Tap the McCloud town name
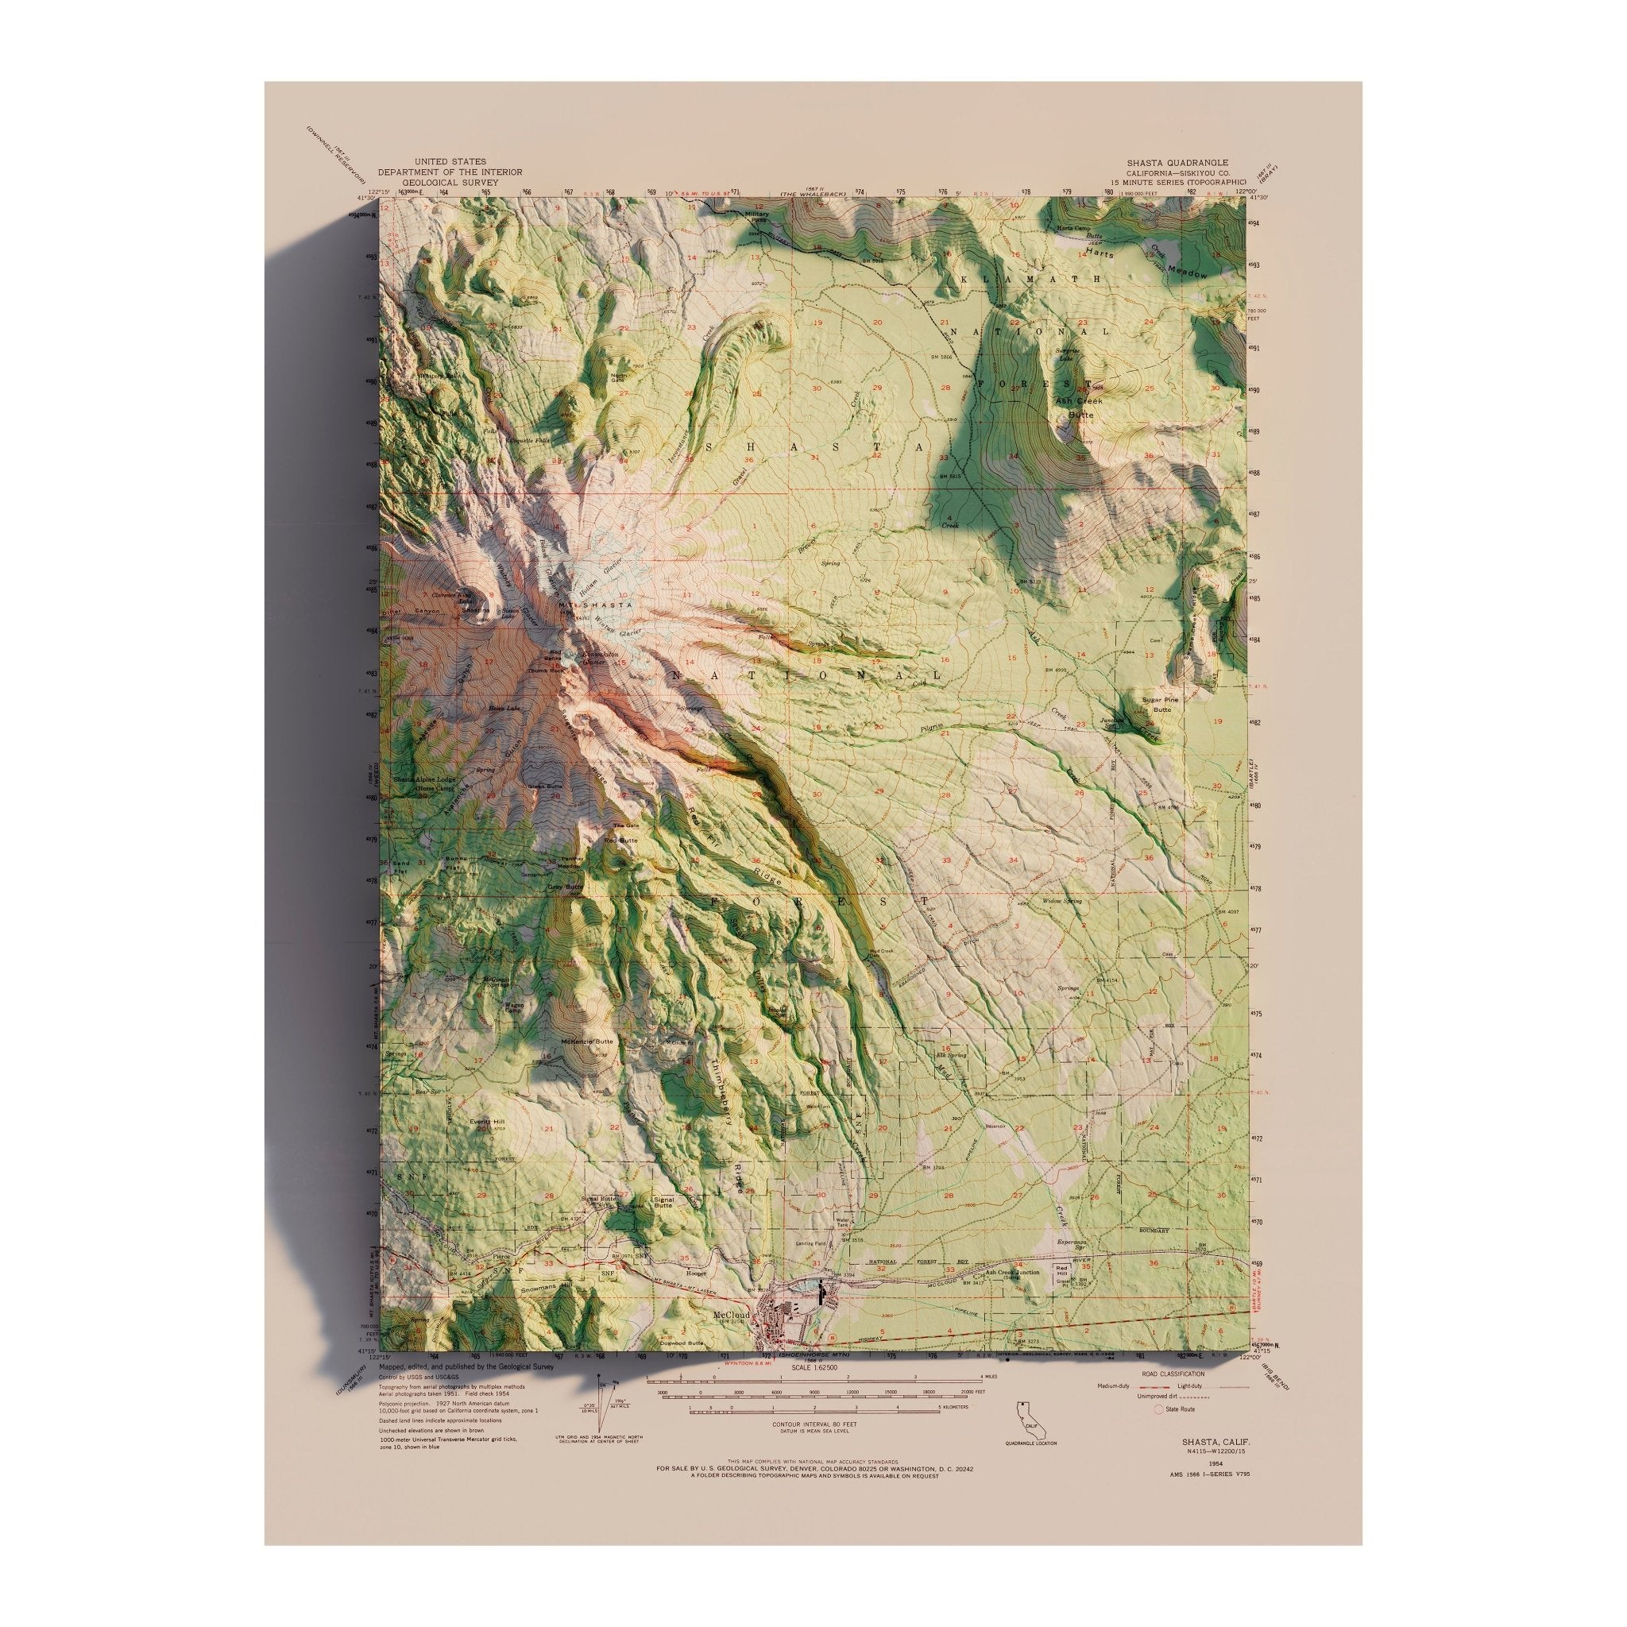coord(730,1314)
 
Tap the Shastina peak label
coord(476,609)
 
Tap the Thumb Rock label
coord(544,670)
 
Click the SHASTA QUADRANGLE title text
coord(1178,162)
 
